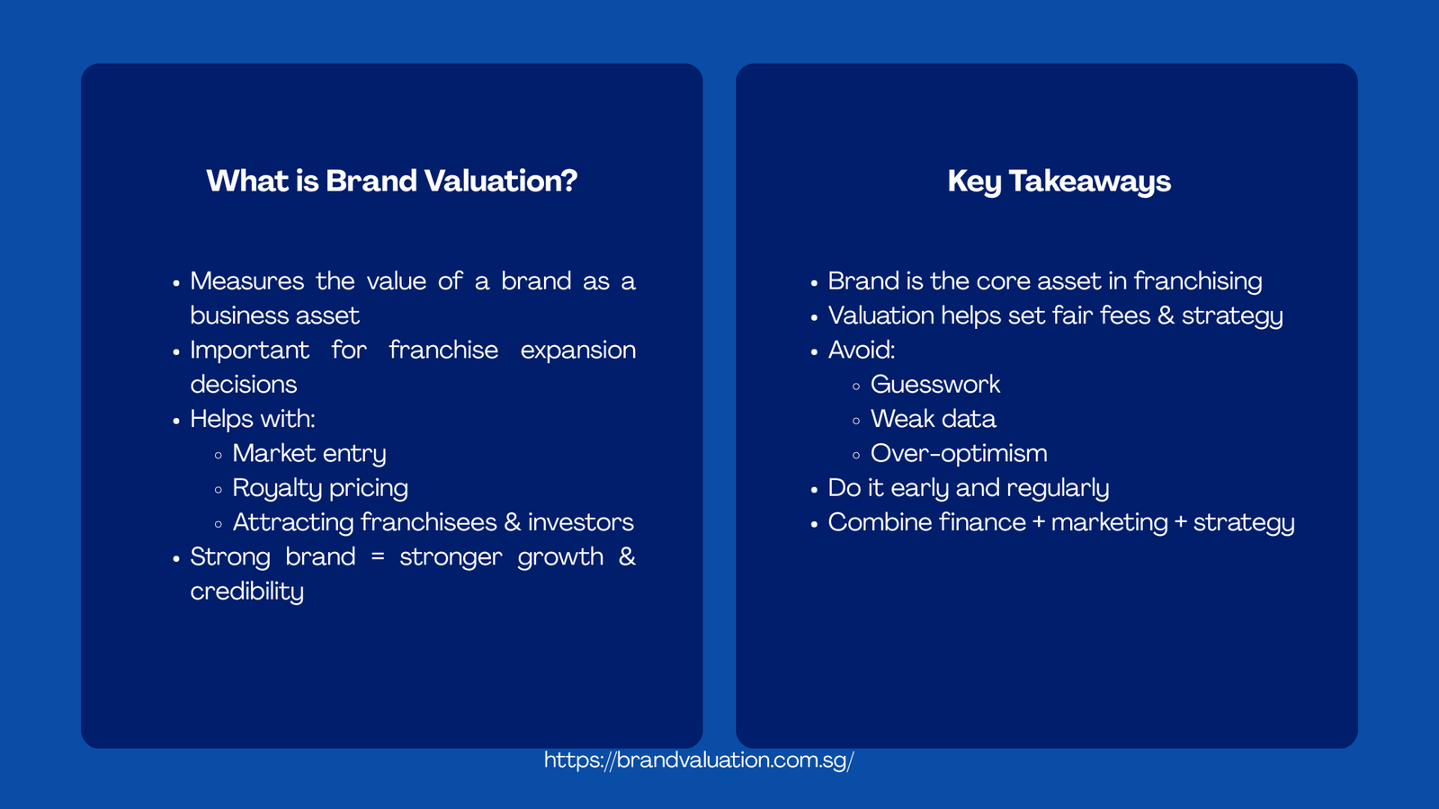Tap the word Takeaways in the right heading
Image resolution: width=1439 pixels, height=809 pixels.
(x=1089, y=182)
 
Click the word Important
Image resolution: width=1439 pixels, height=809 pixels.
(x=249, y=351)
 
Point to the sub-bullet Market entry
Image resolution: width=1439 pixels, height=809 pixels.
(x=309, y=454)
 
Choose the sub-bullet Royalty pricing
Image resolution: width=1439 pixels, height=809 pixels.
(x=320, y=488)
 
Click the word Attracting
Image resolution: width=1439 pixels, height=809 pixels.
(x=292, y=523)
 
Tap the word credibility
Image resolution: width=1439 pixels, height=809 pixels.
(x=246, y=591)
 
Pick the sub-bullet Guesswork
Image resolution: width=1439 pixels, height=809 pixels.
(x=935, y=385)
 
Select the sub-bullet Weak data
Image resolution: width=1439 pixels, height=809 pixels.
(x=933, y=420)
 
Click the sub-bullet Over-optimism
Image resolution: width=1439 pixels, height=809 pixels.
(x=959, y=454)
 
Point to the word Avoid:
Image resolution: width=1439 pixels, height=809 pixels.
(x=861, y=351)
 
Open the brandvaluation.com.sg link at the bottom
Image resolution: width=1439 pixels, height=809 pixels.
(x=699, y=760)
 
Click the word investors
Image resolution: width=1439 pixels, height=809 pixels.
(x=580, y=523)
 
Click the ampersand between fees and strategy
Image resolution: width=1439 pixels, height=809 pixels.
(x=1166, y=316)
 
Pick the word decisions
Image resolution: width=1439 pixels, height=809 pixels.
(x=243, y=385)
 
